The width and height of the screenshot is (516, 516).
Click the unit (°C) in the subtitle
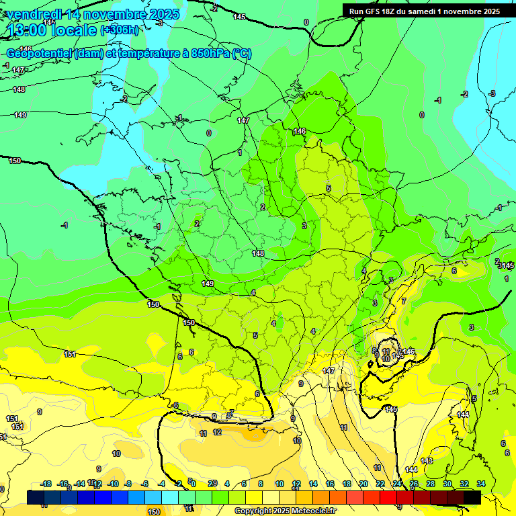[242, 54]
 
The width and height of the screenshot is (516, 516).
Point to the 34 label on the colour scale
[481, 484]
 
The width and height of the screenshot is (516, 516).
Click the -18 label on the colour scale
[46, 484]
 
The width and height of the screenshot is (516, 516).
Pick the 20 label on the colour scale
[363, 484]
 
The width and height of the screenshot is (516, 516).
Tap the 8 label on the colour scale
[261, 484]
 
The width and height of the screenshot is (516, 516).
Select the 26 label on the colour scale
[414, 484]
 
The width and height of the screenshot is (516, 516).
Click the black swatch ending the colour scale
[472, 497]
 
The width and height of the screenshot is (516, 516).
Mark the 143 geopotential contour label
[463, 415]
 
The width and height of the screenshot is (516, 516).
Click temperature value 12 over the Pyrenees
[217, 432]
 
